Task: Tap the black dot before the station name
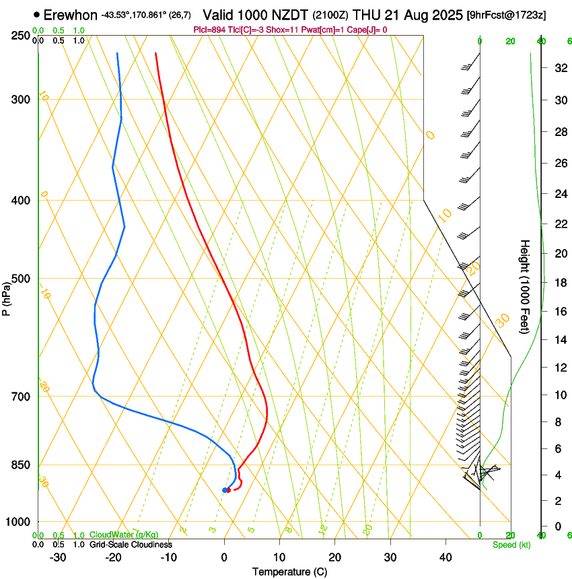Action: [x=36, y=14]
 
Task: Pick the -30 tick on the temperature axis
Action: [x=58, y=557]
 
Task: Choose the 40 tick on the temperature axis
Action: [x=445, y=557]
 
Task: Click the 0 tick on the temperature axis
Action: [x=224, y=557]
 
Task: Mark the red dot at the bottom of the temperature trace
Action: [x=229, y=489]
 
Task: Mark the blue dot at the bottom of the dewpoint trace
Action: [x=224, y=489]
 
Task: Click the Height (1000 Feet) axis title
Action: [x=525, y=287]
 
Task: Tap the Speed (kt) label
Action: [x=511, y=545]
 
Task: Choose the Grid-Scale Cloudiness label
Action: [x=131, y=545]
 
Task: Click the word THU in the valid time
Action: [x=366, y=15]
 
